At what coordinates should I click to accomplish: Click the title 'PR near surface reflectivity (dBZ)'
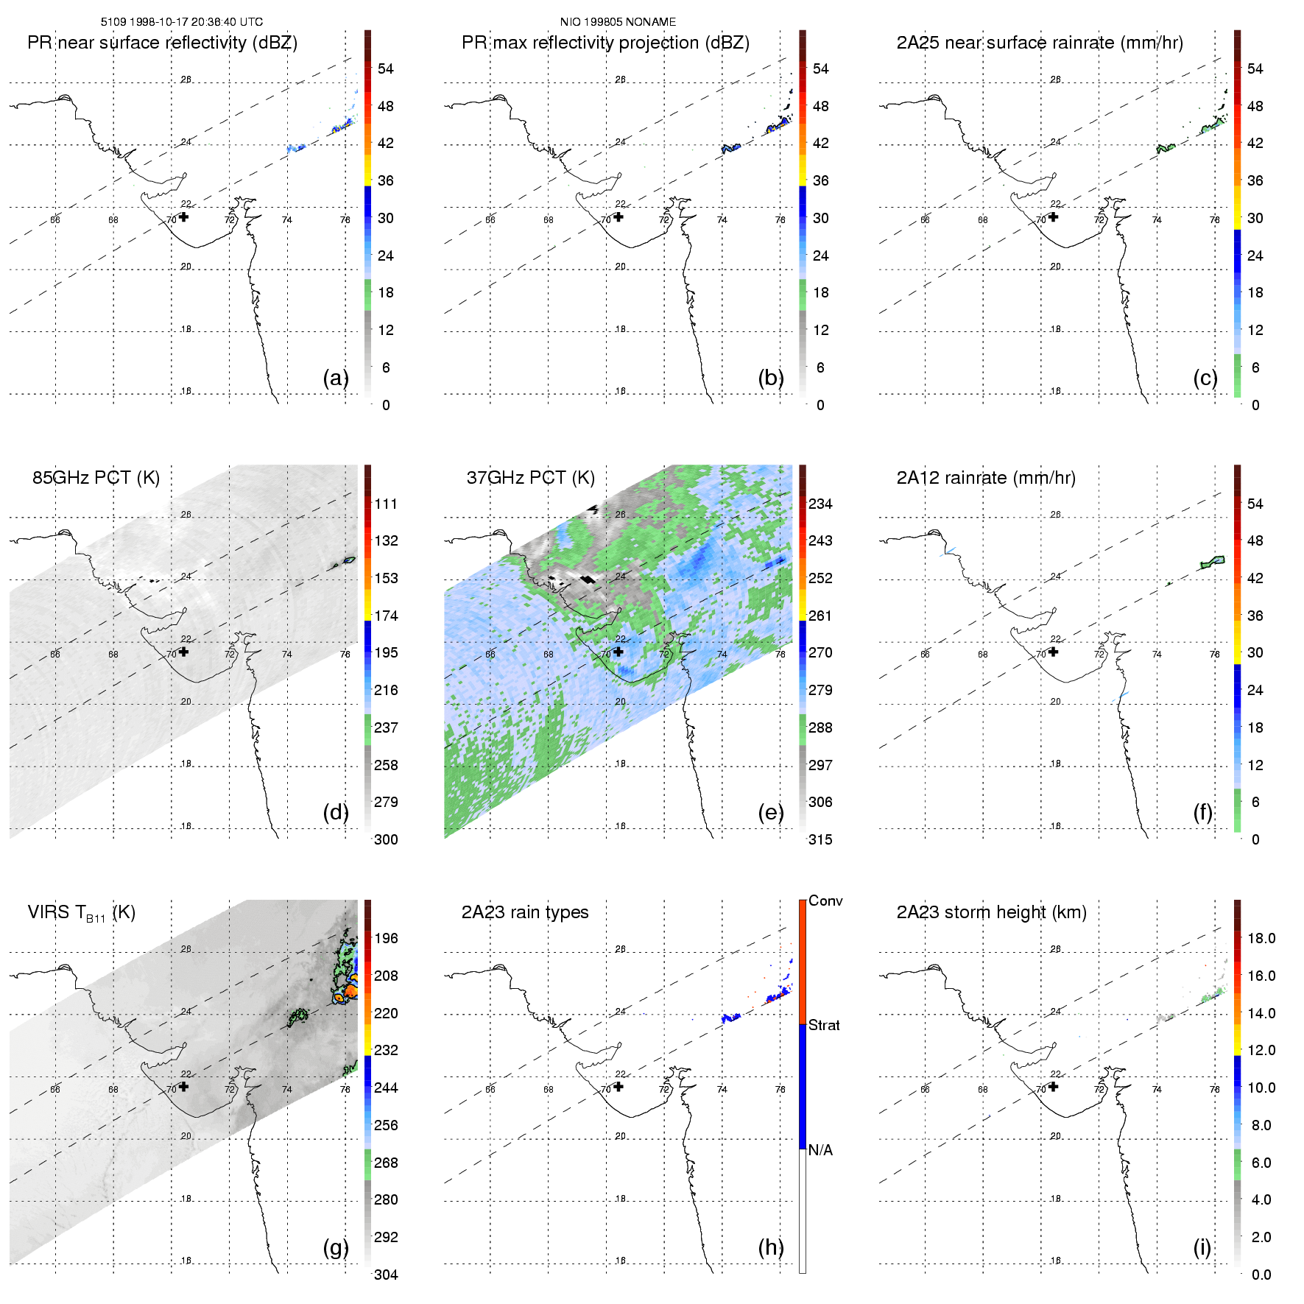point(162,43)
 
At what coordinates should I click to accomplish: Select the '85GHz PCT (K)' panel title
point(96,478)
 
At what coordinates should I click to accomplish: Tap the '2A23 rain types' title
point(525,912)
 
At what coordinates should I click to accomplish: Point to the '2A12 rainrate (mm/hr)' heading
point(986,478)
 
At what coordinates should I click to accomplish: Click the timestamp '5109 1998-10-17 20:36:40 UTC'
point(182,22)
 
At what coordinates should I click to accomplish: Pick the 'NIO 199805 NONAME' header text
point(618,22)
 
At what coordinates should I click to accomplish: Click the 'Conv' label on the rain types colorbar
point(825,901)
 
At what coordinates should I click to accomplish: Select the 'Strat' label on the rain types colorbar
point(824,1025)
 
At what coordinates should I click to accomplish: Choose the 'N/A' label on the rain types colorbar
point(820,1150)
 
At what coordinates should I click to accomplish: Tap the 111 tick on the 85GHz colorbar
point(386,504)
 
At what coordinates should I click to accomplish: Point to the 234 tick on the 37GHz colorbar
point(820,504)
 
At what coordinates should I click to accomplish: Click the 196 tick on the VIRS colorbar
point(386,938)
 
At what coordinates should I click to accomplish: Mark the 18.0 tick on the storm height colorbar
point(1261,938)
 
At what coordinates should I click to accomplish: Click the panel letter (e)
point(771,812)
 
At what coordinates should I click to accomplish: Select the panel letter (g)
point(336,1247)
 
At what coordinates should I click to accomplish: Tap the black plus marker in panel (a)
point(183,216)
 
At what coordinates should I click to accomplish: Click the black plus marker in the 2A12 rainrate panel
point(1053,652)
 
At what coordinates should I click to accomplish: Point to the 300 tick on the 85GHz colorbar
point(386,839)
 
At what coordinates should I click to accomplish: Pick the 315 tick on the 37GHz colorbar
point(820,839)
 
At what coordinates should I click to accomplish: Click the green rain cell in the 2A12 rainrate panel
point(1212,563)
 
